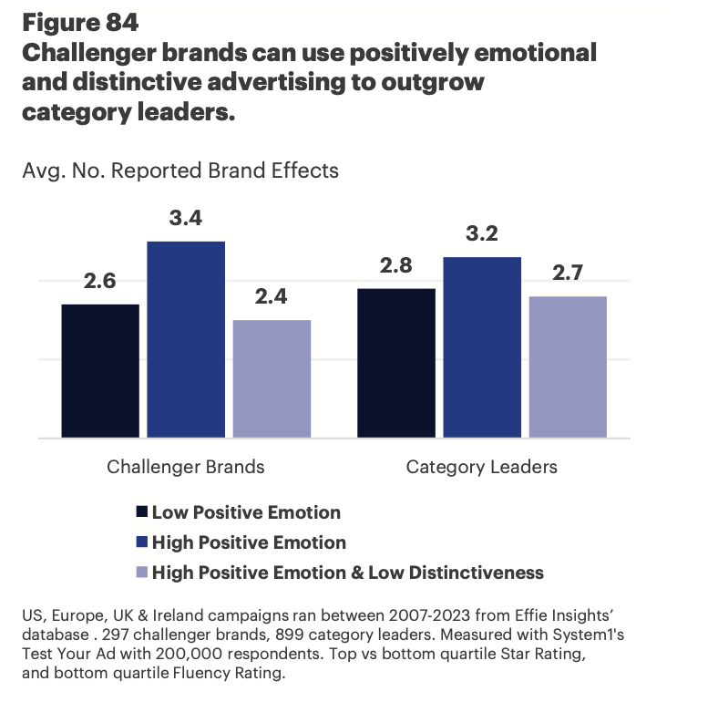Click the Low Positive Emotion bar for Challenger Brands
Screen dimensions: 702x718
(100, 371)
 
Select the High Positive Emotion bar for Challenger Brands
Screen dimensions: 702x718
(186, 339)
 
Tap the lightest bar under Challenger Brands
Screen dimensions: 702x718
(272, 379)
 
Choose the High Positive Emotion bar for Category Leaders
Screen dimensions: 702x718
(482, 347)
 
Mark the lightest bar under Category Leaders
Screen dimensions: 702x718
(568, 367)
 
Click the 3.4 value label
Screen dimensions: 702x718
(186, 220)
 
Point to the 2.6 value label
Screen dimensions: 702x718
(100, 282)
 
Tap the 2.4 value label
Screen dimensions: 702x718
(272, 298)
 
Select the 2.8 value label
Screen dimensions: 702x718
(396, 266)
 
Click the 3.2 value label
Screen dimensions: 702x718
(482, 235)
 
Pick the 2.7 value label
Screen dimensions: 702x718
(568, 274)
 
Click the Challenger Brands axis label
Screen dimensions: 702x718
(186, 468)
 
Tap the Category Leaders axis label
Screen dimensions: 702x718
(482, 468)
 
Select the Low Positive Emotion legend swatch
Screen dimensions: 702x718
(140, 512)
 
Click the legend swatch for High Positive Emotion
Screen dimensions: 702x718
(140, 542)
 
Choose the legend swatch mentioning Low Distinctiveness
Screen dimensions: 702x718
(140, 573)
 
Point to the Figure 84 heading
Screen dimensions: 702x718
(79, 21)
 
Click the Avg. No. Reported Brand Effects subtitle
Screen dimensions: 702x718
(180, 170)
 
